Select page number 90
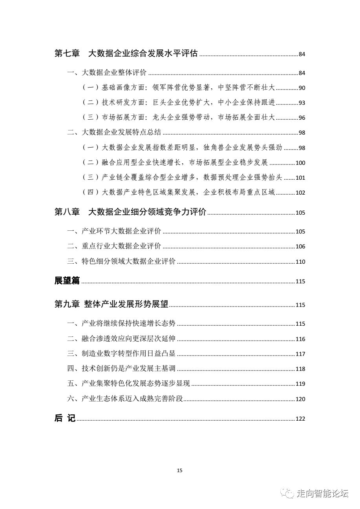click(302, 88)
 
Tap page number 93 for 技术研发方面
click(302, 103)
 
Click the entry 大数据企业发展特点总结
click(121, 133)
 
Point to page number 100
click(300, 163)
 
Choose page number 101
click(300, 178)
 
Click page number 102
click(300, 193)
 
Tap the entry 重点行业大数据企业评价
click(121, 246)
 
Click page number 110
click(300, 262)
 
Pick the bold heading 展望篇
click(67, 281)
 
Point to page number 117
click(300, 354)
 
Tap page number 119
click(300, 384)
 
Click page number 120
click(300, 399)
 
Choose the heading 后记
click(65, 418)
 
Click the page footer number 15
click(180, 470)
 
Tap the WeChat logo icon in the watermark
click(289, 493)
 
